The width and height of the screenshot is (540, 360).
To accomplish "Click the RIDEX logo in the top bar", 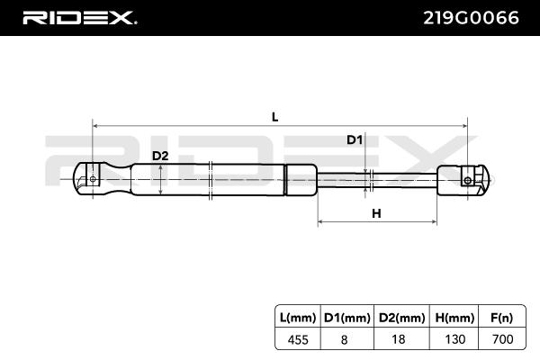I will tap(78, 17).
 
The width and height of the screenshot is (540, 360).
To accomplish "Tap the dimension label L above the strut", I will tap(274, 116).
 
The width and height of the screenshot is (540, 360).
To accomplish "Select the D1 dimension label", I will tap(355, 139).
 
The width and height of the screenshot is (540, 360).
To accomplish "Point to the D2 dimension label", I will tap(159, 156).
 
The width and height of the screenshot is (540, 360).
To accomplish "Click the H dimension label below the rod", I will tap(377, 213).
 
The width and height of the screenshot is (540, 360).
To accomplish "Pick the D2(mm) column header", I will tap(400, 317).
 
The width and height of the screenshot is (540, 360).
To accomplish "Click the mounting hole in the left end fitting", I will tap(93, 179).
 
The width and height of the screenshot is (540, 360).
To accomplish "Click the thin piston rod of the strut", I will tap(378, 179).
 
